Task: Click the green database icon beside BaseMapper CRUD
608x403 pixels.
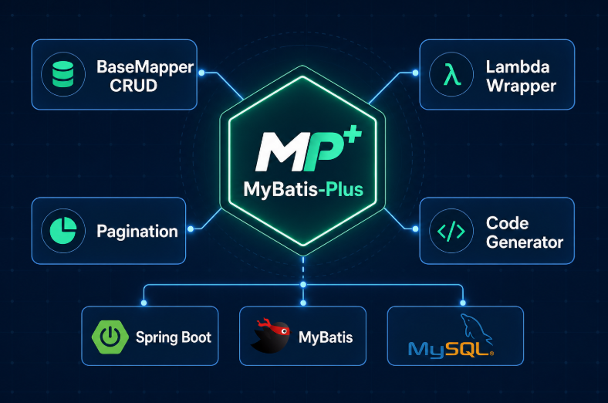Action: tap(62, 74)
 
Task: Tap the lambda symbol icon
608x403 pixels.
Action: tap(451, 74)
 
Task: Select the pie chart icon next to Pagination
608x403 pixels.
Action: tap(63, 230)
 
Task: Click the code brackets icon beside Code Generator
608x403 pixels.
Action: tap(451, 231)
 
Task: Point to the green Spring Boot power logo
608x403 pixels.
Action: tap(110, 337)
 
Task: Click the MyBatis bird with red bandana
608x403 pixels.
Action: tap(271, 336)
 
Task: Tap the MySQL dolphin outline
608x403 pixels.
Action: tap(475, 329)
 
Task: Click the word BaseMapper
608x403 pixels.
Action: tap(145, 67)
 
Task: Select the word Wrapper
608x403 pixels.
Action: tap(521, 86)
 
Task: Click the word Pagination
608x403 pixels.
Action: tap(137, 232)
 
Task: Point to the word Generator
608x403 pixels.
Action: tap(525, 242)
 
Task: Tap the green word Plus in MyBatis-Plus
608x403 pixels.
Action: tap(344, 189)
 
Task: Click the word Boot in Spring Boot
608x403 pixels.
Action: tap(196, 337)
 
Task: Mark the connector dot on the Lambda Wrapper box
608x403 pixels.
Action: tap(415, 73)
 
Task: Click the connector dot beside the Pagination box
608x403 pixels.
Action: tap(191, 229)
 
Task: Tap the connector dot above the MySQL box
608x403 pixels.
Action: tap(463, 303)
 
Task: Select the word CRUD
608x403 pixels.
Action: tap(133, 86)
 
